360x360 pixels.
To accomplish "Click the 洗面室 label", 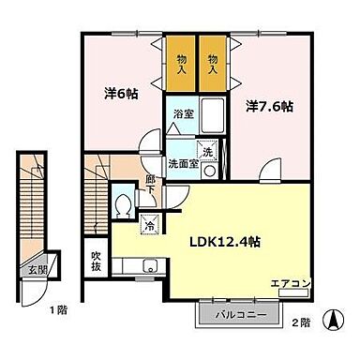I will (182, 162).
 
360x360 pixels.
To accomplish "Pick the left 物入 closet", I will (182, 64).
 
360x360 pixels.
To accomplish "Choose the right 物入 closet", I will (213, 64).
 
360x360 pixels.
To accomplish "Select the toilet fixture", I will (122, 207).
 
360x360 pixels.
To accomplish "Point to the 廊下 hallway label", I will (151, 181).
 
